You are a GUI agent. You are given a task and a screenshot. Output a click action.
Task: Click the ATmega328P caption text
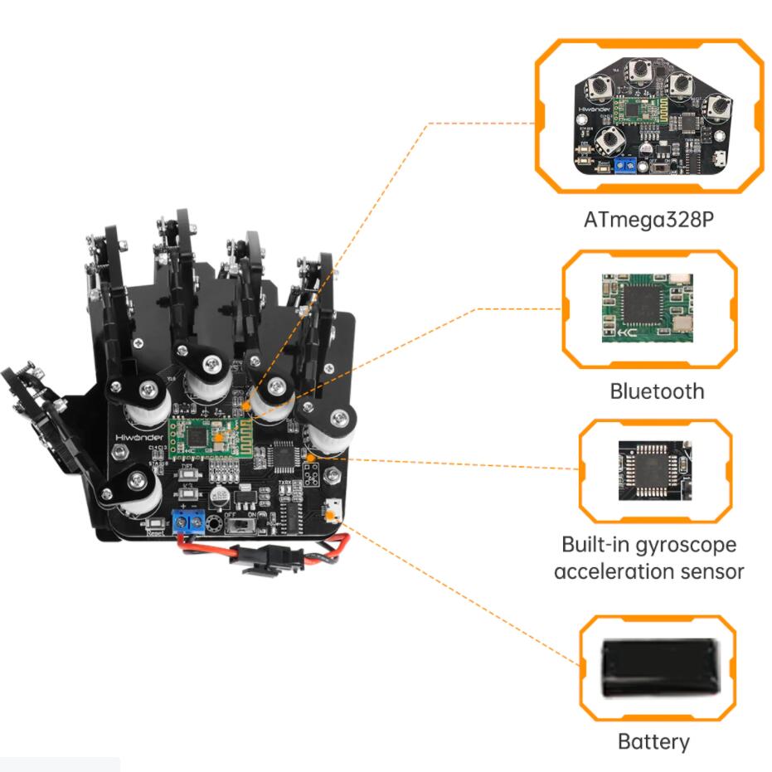(648, 222)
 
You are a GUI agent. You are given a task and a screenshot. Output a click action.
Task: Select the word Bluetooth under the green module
(656, 391)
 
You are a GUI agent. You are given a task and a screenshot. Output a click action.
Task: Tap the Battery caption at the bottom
(653, 740)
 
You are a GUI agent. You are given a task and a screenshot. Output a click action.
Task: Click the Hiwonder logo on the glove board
(137, 432)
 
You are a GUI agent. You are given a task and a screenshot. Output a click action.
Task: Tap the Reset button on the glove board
(154, 525)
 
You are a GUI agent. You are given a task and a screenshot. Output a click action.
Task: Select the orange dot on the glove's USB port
(331, 516)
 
